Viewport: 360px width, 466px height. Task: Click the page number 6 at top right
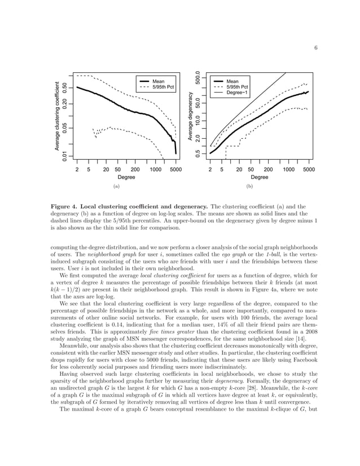pyautogui.click(x=316, y=48)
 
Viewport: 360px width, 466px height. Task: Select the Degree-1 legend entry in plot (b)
pyautogui.click(x=238, y=93)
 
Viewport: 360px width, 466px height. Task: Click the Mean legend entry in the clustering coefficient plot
pyautogui.click(x=158, y=81)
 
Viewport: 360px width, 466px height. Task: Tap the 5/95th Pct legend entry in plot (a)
pyautogui.click(x=163, y=87)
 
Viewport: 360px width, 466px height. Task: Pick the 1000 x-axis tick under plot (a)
pyautogui.click(x=154, y=169)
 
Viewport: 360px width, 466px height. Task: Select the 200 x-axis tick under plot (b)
pyautogui.click(x=269, y=169)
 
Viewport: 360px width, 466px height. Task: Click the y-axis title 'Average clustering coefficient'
pyautogui.click(x=57, y=117)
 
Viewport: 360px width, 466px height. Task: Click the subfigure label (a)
pyautogui.click(x=116, y=185)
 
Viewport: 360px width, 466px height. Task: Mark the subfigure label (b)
pyautogui.click(x=249, y=185)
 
